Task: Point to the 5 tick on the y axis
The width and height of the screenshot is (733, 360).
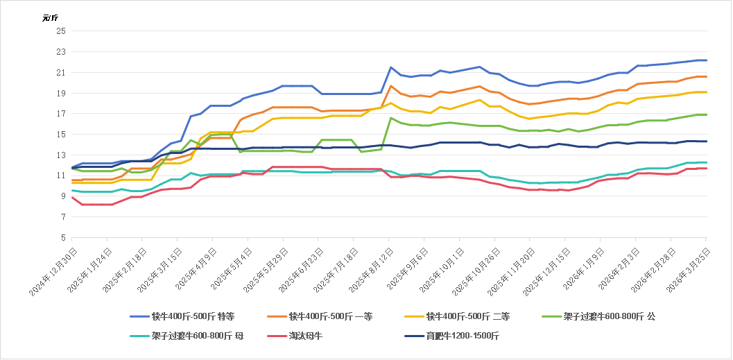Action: [62, 237]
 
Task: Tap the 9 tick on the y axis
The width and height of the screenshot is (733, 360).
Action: [62, 196]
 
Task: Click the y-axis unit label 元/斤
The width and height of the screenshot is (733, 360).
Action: [49, 18]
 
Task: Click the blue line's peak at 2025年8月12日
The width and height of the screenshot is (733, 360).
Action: [391, 67]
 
